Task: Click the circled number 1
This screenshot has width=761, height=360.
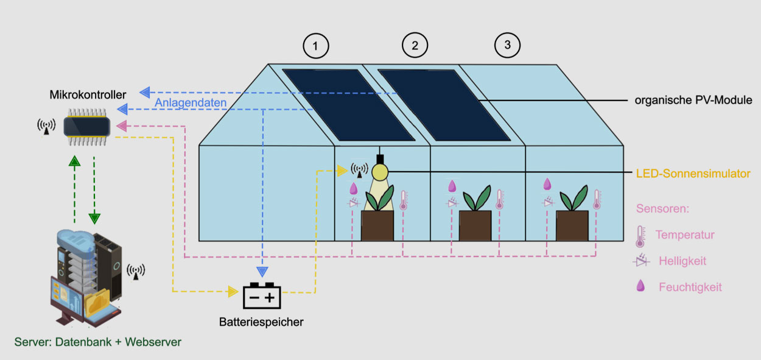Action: click(315, 46)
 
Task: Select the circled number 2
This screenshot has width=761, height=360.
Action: click(415, 45)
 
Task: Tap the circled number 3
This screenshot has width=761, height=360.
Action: click(507, 45)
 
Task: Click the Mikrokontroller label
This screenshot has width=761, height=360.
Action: click(88, 94)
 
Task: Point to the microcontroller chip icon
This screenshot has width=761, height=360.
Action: click(87, 127)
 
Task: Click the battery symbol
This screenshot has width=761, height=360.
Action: click(262, 296)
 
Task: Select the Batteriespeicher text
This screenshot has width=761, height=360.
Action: click(261, 322)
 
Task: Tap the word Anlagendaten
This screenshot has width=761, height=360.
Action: click(191, 102)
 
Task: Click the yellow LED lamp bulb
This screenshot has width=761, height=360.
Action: click(380, 172)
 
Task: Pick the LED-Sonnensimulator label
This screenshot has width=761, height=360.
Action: click(693, 174)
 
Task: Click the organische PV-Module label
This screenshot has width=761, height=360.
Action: click(693, 100)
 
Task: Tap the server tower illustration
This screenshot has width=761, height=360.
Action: click(86, 278)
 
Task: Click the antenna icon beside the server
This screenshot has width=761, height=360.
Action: click(136, 272)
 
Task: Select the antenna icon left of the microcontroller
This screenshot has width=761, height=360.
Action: click(46, 127)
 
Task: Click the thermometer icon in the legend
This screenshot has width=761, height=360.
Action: click(640, 236)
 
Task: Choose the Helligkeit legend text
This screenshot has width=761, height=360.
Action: click(682, 261)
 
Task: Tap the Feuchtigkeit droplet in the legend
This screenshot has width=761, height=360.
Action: click(640, 286)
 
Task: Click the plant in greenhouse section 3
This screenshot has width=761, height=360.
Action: click(574, 197)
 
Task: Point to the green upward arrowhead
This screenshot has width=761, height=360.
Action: click(74, 161)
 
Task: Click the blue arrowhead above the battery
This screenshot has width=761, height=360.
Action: click(262, 272)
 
